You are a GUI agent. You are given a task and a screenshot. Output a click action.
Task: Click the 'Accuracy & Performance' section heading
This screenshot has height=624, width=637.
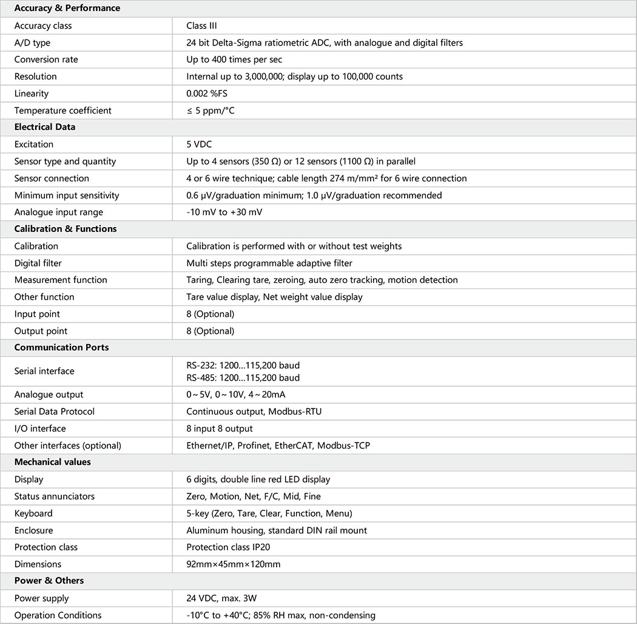pyautogui.click(x=67, y=8)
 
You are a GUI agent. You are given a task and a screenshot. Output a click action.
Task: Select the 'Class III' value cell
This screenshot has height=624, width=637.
pyautogui.click(x=201, y=25)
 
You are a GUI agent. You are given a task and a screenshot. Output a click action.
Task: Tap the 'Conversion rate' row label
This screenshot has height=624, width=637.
pyautogui.click(x=46, y=59)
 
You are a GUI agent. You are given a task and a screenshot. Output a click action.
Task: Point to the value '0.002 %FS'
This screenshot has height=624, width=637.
pyautogui.click(x=207, y=93)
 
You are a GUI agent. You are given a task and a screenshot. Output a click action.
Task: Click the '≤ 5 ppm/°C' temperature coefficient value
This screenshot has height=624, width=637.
pyautogui.click(x=212, y=110)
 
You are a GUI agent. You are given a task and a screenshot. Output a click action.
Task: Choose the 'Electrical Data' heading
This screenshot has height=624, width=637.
pyautogui.click(x=45, y=127)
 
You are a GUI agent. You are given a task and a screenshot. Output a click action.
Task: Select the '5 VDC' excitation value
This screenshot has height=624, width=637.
pyautogui.click(x=199, y=144)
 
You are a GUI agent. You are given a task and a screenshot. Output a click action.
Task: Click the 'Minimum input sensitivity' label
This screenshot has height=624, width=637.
pyautogui.click(x=67, y=195)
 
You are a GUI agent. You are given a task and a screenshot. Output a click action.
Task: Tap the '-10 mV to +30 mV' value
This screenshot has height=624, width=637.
pyautogui.click(x=224, y=212)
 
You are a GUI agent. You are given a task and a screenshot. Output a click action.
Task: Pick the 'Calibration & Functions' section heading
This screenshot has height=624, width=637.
pyautogui.click(x=66, y=229)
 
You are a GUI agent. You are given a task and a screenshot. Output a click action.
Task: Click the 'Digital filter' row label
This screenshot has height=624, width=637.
pyautogui.click(x=38, y=263)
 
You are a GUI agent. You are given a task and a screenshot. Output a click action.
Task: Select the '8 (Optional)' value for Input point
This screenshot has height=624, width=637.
pyautogui.click(x=210, y=314)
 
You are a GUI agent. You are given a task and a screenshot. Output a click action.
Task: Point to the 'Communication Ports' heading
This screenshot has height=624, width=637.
pyautogui.click(x=61, y=348)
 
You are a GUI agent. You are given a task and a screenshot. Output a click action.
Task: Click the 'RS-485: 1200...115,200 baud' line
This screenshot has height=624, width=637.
pyautogui.click(x=243, y=378)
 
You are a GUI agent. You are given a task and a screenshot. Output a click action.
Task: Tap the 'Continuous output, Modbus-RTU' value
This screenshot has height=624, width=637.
pyautogui.click(x=254, y=412)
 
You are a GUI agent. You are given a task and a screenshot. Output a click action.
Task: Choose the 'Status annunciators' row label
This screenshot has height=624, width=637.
pyautogui.click(x=55, y=496)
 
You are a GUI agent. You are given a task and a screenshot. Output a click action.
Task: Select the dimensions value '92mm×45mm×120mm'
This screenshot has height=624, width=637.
pyautogui.click(x=233, y=564)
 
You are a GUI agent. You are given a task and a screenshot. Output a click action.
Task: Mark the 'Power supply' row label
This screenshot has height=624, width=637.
pyautogui.click(x=41, y=598)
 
